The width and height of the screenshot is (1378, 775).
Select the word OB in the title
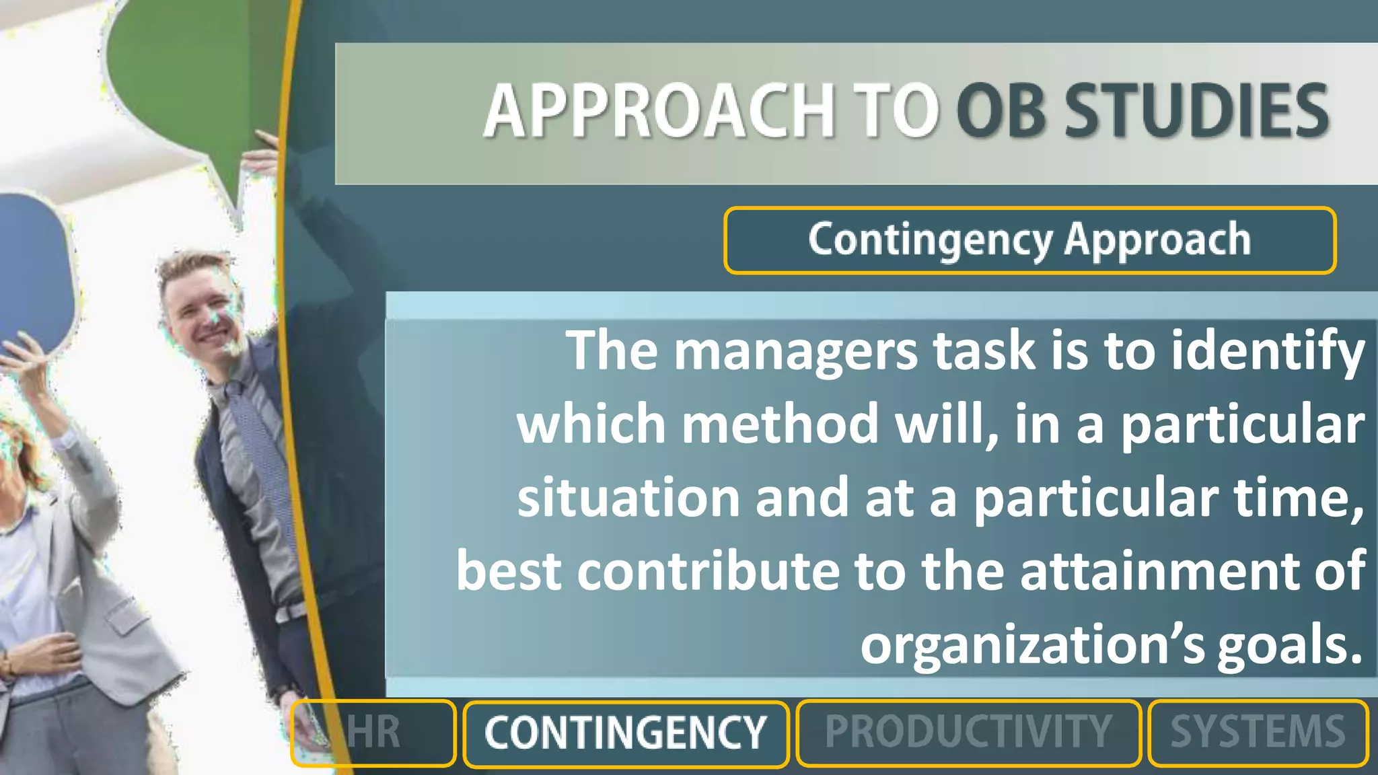pyautogui.click(x=1001, y=111)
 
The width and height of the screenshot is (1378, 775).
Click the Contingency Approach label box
pyautogui.click(x=1029, y=240)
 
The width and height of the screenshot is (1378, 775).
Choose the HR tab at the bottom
pyautogui.click(x=373, y=733)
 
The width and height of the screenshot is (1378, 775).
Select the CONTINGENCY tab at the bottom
pyautogui.click(x=626, y=733)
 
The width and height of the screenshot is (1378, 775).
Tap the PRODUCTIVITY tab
pyautogui.click(x=968, y=733)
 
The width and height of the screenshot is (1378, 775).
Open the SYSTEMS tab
pyautogui.click(x=1258, y=733)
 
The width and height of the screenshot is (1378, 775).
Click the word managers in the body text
pyautogui.click(x=795, y=351)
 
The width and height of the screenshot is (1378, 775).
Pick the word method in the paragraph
pyautogui.click(x=781, y=425)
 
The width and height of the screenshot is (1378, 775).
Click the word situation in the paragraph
pyautogui.click(x=628, y=498)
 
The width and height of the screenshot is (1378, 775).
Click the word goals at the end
pyautogui.click(x=1289, y=644)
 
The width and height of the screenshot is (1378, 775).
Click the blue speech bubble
pyautogui.click(x=34, y=269)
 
